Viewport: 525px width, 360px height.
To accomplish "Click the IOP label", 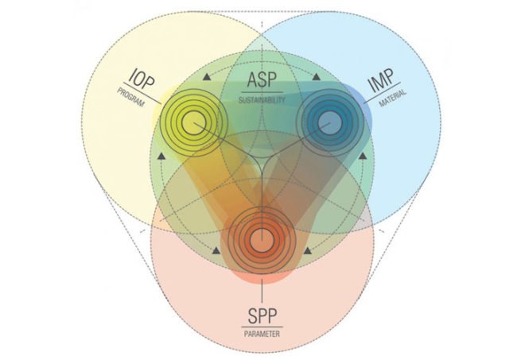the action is (142, 79).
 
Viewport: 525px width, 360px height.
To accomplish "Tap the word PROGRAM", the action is (131, 97).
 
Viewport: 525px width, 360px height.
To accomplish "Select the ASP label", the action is (262, 79).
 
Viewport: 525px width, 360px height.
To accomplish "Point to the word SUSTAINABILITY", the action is (262, 99).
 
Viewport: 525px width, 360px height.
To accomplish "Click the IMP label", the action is (380, 80).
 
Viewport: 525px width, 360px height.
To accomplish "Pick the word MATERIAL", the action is (393, 98).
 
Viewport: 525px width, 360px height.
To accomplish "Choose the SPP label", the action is (262, 316).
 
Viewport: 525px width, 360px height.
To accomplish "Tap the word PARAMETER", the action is (262, 334).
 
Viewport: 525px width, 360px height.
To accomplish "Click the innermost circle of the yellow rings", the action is (193, 123).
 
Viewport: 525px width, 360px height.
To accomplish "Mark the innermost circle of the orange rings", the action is (262, 240).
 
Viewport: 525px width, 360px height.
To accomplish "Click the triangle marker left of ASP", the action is (207, 77).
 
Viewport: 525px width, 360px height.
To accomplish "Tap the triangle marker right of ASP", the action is (317, 77).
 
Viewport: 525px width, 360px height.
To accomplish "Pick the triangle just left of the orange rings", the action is (216, 250).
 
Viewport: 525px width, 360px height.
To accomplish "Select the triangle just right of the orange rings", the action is (307, 250).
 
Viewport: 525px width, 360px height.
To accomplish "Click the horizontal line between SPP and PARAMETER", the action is (262, 327).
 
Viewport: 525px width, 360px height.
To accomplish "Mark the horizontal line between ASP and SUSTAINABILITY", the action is (262, 92).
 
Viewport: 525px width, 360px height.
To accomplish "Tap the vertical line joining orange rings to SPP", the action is (262, 291).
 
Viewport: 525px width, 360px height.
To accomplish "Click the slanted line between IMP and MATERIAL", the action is (382, 92).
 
